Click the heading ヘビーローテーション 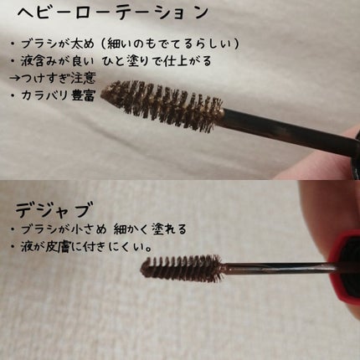113,13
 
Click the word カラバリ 44,95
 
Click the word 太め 83,44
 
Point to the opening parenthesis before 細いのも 103,44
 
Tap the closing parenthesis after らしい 237,44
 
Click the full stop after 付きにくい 149,249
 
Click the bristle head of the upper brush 162,105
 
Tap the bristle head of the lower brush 182,269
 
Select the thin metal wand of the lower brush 279,268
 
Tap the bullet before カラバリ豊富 13,96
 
